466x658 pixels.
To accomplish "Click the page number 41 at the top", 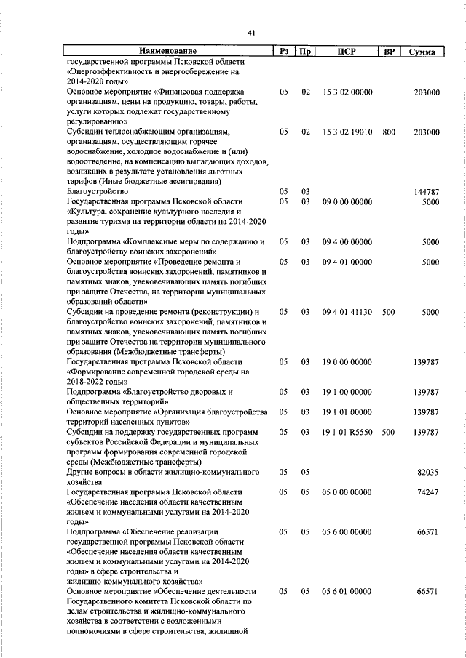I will click(250, 33).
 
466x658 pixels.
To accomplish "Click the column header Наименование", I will click(168, 52).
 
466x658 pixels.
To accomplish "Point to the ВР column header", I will click(389, 52).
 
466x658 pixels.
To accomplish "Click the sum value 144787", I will click(426, 191).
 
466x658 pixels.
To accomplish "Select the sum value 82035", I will click(427, 473).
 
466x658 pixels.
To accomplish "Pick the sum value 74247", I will click(427, 492).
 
